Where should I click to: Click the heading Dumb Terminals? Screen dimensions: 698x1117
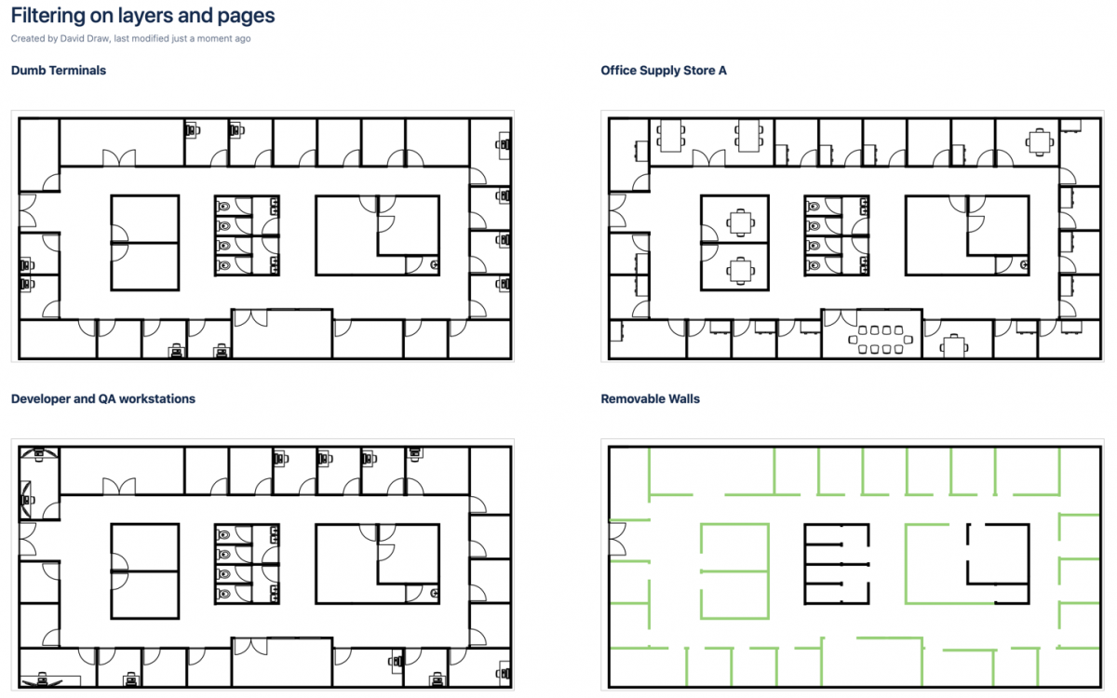(59, 70)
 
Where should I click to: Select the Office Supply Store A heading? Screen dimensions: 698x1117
(664, 70)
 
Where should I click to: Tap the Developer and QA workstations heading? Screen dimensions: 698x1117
(103, 398)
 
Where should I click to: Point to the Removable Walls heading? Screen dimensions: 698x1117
(651, 398)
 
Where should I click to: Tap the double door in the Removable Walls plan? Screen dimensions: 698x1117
(615, 538)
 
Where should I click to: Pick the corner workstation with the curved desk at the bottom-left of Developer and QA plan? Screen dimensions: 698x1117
(42, 678)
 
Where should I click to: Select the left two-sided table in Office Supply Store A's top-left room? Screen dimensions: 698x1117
(670, 137)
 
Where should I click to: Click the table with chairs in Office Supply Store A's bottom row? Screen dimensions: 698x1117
(953, 345)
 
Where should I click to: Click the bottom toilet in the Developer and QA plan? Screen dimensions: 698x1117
(224, 593)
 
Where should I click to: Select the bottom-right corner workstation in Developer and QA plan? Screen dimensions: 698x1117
(504, 672)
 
